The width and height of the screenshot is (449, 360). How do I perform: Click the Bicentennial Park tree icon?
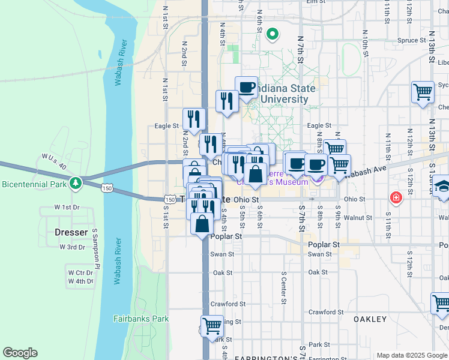[75, 182]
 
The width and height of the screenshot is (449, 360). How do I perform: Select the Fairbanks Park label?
[141, 319]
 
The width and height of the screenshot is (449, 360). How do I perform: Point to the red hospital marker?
[396, 197]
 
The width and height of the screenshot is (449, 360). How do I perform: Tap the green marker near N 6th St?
[272, 34]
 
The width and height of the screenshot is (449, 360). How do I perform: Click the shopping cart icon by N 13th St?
[423, 92]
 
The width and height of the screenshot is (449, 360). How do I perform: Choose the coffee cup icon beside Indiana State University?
[246, 87]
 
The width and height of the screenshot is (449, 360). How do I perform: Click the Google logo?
[20, 353]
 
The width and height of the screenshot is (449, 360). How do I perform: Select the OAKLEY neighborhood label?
[370, 319]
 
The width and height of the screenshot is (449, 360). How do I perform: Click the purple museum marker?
[318, 178]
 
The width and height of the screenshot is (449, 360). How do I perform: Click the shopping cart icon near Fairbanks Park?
[212, 326]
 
